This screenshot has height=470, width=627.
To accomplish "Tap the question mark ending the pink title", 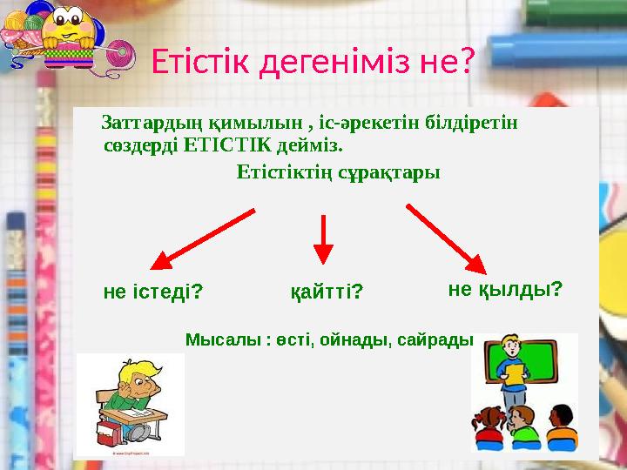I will point(465,61).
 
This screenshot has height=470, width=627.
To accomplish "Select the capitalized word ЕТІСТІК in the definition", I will point(226,142).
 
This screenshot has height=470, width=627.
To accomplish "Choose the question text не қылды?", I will point(505,288).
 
